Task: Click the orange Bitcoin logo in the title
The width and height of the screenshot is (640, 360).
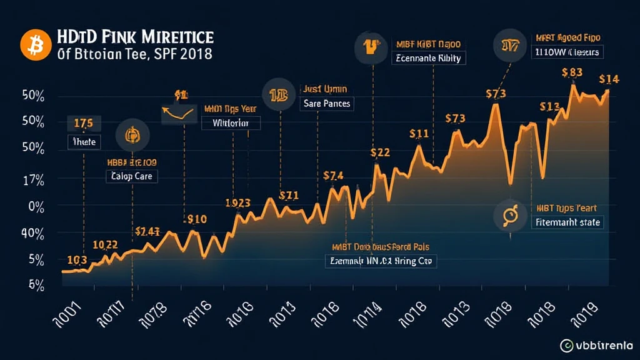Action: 31,45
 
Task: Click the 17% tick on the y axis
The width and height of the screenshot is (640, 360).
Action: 32,181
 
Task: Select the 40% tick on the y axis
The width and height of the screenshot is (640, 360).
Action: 32,233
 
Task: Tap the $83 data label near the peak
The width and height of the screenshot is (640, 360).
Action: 572,72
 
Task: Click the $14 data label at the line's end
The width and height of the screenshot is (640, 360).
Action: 609,79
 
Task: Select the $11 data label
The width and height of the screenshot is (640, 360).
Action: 419,133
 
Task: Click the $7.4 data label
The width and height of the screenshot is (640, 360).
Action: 334,176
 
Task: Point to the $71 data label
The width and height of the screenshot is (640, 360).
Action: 289,195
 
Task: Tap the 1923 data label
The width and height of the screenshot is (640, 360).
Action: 237,203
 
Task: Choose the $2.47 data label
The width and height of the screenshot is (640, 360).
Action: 148,231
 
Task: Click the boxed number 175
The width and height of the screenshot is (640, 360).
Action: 83,122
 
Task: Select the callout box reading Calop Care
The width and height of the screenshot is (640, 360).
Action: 131,176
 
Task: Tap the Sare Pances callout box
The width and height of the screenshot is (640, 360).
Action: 326,103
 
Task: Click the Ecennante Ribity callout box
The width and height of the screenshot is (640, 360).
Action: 427,59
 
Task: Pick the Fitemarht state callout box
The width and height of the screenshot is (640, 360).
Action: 567,222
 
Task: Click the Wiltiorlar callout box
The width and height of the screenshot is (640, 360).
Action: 231,123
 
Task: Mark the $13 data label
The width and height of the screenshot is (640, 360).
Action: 549,107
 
